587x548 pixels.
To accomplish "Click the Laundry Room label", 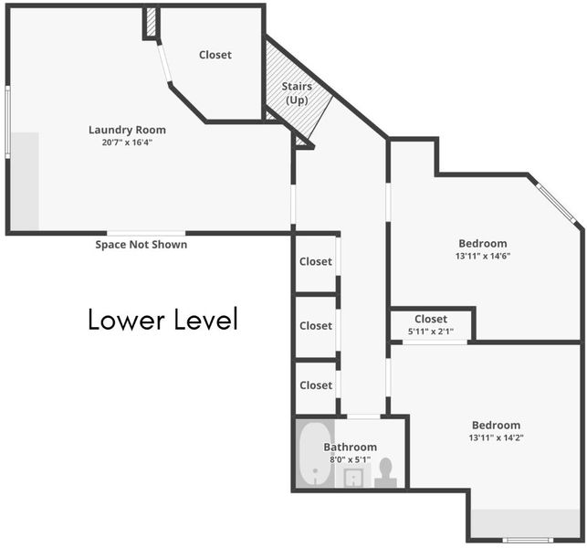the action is pyautogui.click(x=127, y=130).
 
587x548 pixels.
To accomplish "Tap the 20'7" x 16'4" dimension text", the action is pyautogui.click(x=127, y=142).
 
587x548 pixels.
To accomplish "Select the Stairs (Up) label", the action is pyautogui.click(x=297, y=93).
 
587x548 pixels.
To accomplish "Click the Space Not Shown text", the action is pyautogui.click(x=142, y=245).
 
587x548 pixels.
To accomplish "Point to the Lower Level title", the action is pyautogui.click(x=163, y=319).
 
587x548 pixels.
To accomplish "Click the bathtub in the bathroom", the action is pyautogui.click(x=315, y=454).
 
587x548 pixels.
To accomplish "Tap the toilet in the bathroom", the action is pyautogui.click(x=385, y=472).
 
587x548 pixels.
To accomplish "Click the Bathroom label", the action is pyautogui.click(x=350, y=447).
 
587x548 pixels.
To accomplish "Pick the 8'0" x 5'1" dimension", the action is pyautogui.click(x=350, y=459).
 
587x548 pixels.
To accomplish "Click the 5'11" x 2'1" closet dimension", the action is pyautogui.click(x=431, y=332).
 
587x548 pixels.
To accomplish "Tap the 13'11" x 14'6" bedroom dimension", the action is pyautogui.click(x=483, y=257).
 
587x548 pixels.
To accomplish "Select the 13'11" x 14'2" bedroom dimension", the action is pyautogui.click(x=496, y=437).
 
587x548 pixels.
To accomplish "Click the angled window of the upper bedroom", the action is pyautogui.click(x=556, y=203).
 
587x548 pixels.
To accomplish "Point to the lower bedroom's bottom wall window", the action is pyautogui.click(x=528, y=540).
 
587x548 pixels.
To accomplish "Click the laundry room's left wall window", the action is pyautogui.click(x=7, y=121).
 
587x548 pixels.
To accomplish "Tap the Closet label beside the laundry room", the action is pyautogui.click(x=215, y=55).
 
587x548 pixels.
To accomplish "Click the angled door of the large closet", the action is pyautogui.click(x=164, y=63).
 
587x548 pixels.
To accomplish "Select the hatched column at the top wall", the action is pyautogui.click(x=151, y=23).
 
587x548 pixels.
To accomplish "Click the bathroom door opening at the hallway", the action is pyautogui.click(x=363, y=416).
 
